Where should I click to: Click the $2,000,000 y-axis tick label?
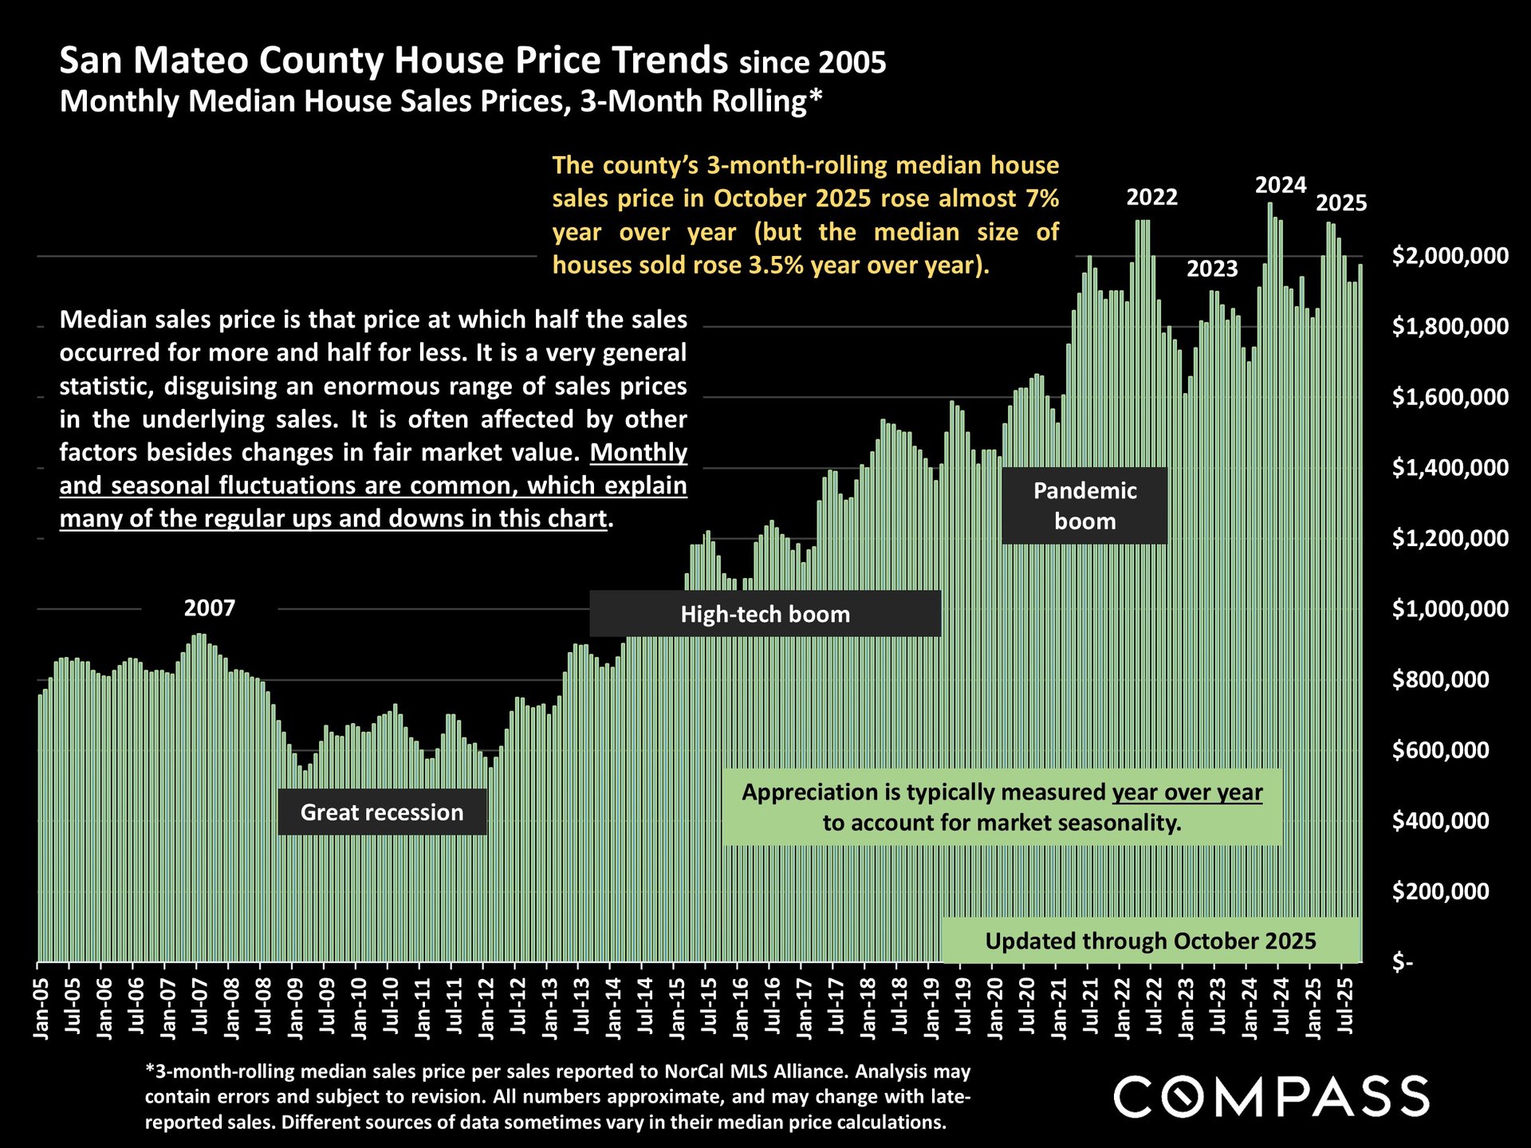point(1450,256)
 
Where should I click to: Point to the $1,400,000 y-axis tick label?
point(1450,468)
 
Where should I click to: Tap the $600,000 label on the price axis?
point(1440,750)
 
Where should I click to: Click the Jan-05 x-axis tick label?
point(41,1009)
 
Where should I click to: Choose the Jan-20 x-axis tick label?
point(994,1009)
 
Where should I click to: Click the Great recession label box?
point(382,812)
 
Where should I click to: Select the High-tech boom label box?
point(765,614)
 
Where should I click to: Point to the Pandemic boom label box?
point(1084,505)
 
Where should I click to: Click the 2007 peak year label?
point(210,608)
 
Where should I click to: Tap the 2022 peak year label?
point(1151,197)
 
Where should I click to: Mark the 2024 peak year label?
point(1281,185)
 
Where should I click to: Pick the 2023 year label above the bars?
point(1212,269)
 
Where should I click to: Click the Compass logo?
point(1271,1096)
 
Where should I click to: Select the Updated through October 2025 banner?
point(1151,941)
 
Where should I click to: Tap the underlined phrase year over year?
point(1187,792)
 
